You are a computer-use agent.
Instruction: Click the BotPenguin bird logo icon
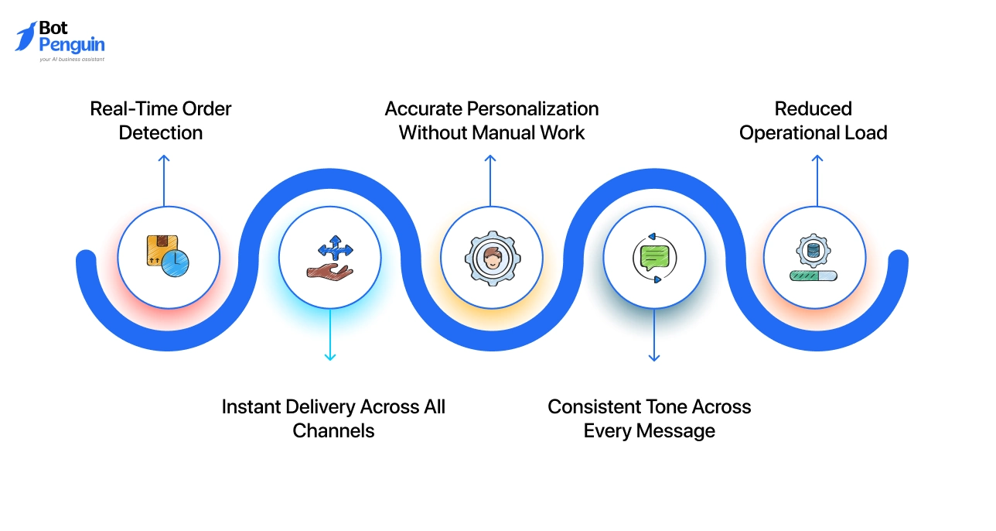tap(26, 37)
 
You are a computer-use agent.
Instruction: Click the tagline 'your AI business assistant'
tap(71, 59)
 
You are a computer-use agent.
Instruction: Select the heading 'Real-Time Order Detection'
tap(161, 121)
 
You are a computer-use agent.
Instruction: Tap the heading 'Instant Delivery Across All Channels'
tap(333, 418)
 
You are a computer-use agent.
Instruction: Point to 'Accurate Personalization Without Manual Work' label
tap(492, 121)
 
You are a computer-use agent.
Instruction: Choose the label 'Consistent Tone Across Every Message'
tap(650, 418)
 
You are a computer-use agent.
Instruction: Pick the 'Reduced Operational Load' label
tap(813, 121)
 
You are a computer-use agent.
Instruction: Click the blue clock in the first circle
tap(177, 263)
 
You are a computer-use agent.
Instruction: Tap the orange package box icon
tap(159, 249)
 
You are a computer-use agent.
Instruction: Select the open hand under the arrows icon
tap(329, 270)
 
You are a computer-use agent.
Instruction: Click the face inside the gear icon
tap(492, 257)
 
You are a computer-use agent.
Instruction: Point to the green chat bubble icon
tap(653, 255)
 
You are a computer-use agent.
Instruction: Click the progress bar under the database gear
tap(813, 275)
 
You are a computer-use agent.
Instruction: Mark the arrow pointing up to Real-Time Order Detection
tap(164, 180)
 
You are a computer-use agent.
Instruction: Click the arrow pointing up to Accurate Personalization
tap(489, 180)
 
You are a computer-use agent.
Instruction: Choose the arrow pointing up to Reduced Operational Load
tap(817, 180)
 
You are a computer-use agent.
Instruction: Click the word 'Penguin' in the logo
tap(71, 45)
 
